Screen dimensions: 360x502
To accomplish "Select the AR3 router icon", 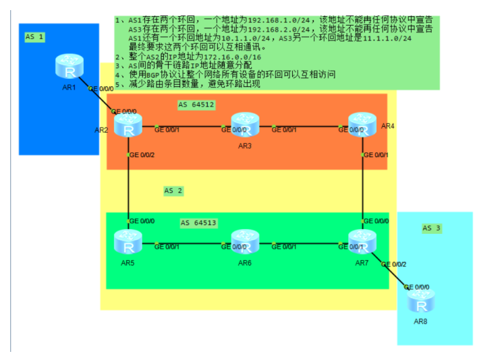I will [244, 126].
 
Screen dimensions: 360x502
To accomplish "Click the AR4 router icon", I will [362, 126].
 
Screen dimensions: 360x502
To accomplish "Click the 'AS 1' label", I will [34, 37].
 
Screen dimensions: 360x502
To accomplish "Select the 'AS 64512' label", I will [196, 104].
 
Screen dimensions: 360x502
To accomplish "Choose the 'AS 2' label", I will [173, 191].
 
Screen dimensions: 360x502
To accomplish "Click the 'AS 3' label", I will [431, 228].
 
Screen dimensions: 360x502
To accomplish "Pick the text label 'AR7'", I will [362, 262].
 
